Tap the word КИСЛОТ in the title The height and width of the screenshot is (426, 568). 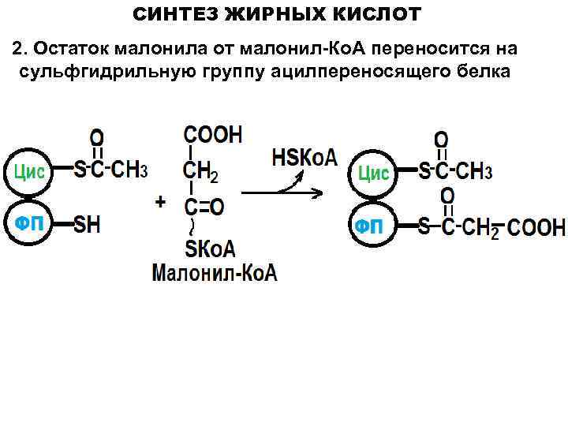point(377,14)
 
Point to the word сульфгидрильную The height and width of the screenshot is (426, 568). point(92,72)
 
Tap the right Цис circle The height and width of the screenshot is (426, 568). point(374,172)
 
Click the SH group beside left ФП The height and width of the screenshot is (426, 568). point(88,225)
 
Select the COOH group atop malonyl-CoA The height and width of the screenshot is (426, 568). point(213,134)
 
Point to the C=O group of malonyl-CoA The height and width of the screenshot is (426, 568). point(204,207)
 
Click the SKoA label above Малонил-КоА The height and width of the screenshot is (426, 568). point(210,249)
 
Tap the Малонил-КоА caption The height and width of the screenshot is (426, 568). point(215,274)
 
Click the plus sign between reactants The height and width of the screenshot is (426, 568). point(161,202)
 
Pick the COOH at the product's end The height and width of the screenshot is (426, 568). point(536,229)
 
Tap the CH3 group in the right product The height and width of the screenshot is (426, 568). point(475,171)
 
